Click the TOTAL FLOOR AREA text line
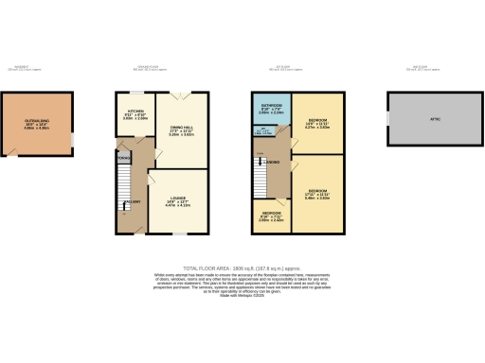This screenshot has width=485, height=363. pos(242,268)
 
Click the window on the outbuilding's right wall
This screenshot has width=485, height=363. pos(72,141)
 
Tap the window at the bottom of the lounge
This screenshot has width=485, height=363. pos(176,233)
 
